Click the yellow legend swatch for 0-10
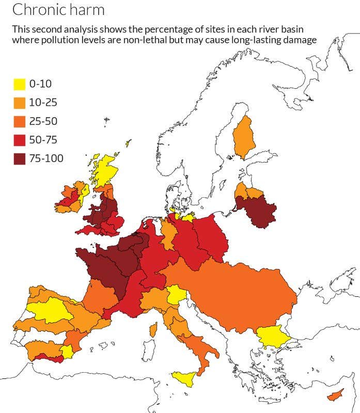click(19, 84)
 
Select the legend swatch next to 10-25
click(19, 103)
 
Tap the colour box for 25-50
click(19, 121)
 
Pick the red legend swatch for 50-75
click(19, 140)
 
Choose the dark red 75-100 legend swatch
click(19, 158)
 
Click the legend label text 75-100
click(46, 158)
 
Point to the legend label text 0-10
click(41, 84)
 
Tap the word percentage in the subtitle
click(152, 29)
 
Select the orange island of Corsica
click(153, 329)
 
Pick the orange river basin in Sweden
click(242, 137)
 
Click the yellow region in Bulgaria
click(272, 337)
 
